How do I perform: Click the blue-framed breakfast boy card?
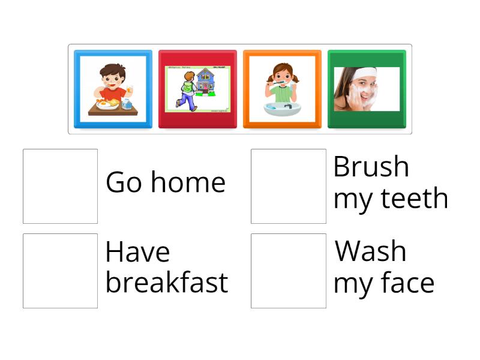(x=113, y=89)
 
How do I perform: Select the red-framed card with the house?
(x=197, y=89)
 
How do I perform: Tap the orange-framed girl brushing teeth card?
(x=282, y=89)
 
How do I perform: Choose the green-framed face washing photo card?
(x=367, y=89)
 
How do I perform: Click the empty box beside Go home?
(x=60, y=186)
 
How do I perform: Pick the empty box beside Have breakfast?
(x=60, y=271)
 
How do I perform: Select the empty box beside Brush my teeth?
(x=289, y=186)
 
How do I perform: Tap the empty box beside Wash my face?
(x=289, y=271)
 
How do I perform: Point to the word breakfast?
(x=166, y=283)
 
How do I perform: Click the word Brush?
(x=371, y=167)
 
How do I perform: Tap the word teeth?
(x=415, y=199)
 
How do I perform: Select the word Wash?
(x=370, y=251)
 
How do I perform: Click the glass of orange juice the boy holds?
(x=128, y=90)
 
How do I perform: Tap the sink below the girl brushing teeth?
(x=282, y=109)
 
